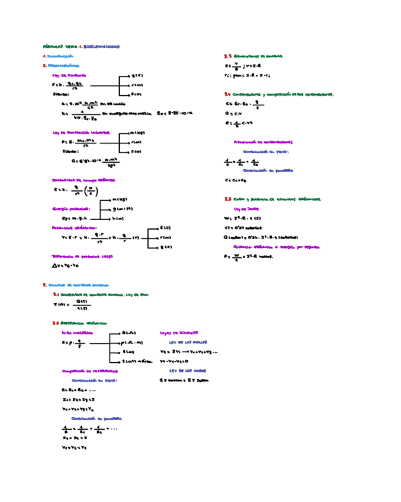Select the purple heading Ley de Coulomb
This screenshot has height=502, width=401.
point(69,75)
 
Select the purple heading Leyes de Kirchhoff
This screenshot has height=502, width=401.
point(179,333)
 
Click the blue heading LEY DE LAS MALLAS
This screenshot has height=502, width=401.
point(184,342)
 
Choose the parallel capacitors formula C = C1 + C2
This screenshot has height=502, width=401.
point(236,180)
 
